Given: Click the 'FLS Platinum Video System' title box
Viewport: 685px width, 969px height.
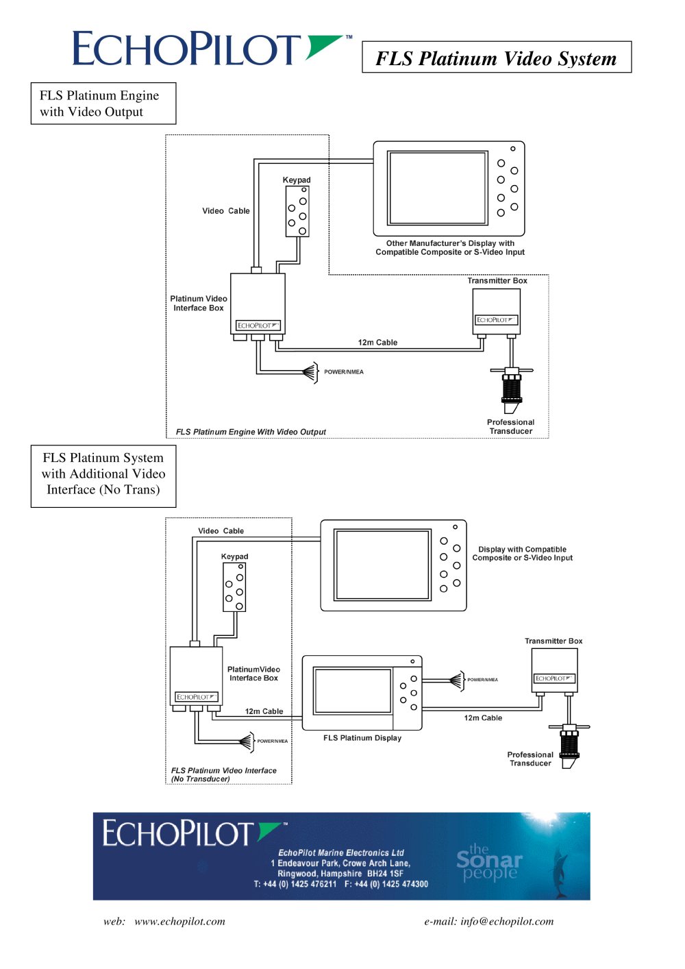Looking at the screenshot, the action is (x=497, y=57).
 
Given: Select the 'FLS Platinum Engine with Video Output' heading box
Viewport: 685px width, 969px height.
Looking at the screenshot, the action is (x=103, y=103).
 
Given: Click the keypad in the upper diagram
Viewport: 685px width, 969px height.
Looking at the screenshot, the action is (x=297, y=212).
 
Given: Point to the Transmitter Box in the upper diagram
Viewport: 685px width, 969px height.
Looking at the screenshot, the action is (x=496, y=311).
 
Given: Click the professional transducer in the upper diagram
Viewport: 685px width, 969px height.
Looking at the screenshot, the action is (x=511, y=389).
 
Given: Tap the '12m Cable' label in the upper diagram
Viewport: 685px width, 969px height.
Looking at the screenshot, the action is (x=377, y=342).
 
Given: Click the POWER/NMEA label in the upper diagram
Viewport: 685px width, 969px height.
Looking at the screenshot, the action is (x=344, y=371).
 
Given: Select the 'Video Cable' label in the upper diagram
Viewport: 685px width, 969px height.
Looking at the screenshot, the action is (x=226, y=210).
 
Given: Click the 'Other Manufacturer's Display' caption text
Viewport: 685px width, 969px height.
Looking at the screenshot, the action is (x=450, y=247).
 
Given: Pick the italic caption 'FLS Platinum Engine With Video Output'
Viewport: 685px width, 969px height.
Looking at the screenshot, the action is (x=251, y=432).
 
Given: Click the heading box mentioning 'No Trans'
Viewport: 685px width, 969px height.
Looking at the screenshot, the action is (x=103, y=476).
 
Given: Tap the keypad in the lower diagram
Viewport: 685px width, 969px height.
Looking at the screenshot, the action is (x=234, y=587).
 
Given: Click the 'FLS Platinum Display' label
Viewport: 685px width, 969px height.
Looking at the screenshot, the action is (x=362, y=738).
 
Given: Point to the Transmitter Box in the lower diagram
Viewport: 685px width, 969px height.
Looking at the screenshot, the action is (x=554, y=670).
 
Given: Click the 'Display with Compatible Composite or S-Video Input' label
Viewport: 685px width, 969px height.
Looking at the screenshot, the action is (x=523, y=553).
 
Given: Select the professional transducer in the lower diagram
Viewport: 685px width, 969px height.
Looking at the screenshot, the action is (x=569, y=746).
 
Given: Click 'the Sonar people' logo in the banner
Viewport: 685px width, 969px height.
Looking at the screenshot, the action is (x=490, y=862).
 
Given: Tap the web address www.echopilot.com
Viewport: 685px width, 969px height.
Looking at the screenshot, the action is (x=179, y=922).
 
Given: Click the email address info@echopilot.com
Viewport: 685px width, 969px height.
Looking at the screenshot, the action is (x=507, y=922).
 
